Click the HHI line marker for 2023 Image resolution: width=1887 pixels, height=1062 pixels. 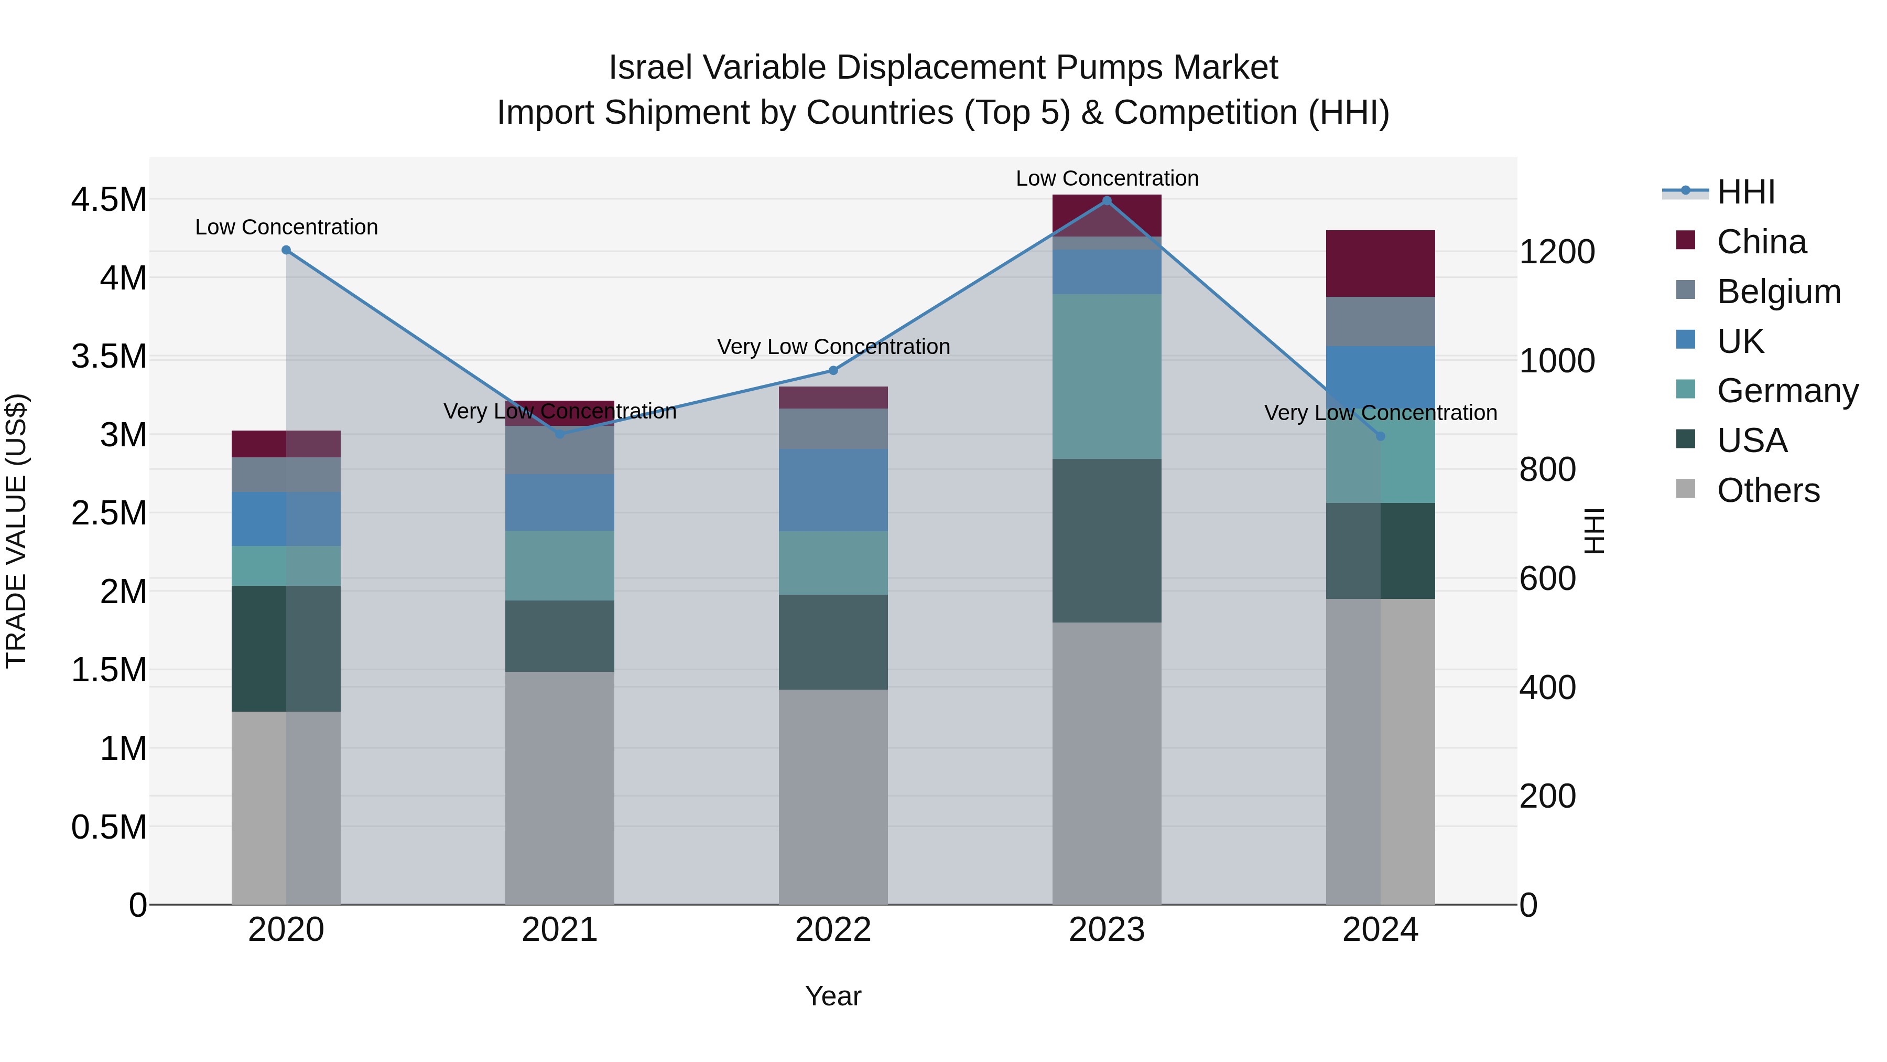click(1107, 201)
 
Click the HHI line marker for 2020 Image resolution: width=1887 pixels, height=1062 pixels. click(286, 250)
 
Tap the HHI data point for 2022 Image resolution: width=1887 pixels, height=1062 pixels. click(833, 370)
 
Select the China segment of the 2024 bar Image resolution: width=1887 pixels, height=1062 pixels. click(1380, 264)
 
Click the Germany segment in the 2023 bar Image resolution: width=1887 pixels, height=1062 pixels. click(1107, 377)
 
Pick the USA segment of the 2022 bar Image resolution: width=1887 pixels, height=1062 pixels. click(833, 642)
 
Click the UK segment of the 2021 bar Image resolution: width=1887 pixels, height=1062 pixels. click(560, 502)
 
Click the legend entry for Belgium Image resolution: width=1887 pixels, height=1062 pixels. click(1778, 292)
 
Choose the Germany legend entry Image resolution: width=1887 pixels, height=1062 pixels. click(1787, 391)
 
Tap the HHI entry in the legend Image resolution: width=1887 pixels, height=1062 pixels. click(1745, 192)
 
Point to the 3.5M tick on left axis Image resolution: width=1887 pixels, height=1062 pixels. click(109, 356)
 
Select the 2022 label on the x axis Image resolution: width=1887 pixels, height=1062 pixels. click(833, 930)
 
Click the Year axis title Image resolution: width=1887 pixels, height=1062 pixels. click(833, 996)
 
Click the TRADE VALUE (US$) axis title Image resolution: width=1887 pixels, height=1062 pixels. click(16, 531)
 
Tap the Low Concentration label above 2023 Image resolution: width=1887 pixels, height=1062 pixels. click(1107, 178)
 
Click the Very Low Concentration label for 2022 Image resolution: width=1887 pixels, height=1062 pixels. click(833, 347)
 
